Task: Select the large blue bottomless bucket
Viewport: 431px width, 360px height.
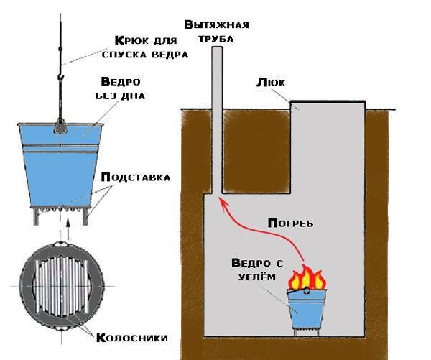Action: (x=58, y=162)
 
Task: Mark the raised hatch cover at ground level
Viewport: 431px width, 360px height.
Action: (x=327, y=106)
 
